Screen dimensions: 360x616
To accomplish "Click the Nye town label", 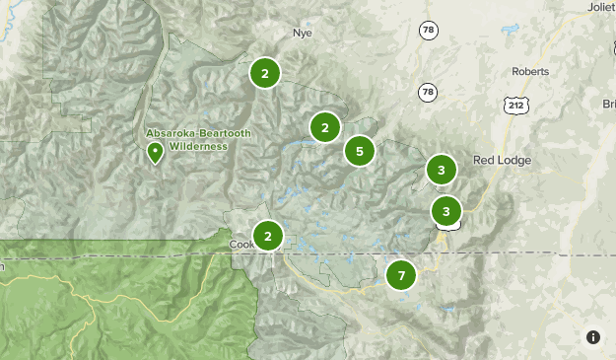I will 302,33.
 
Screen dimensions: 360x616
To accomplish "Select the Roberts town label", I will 530,71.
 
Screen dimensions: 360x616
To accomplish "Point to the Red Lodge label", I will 502,160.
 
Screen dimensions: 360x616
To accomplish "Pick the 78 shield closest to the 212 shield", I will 428,92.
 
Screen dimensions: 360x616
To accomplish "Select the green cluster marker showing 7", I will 401,275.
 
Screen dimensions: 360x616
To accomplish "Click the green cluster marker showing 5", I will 360,151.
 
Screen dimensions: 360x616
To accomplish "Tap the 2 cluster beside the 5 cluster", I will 324,127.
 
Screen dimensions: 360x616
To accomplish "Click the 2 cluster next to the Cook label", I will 267,236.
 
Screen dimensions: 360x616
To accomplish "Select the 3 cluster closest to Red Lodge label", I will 442,170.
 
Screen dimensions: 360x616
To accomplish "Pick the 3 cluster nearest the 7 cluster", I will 446,210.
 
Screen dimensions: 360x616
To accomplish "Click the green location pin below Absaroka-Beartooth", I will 155,153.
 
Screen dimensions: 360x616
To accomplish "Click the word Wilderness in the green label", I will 197,146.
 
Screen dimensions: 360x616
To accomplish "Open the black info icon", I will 593,337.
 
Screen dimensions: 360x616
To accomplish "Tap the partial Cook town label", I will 240,244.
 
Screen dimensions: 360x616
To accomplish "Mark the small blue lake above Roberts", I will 510,31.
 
